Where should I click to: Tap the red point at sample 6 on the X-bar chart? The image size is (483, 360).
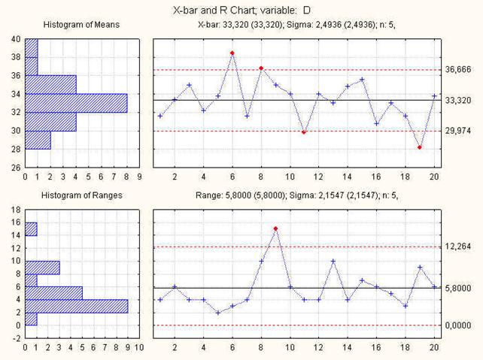click(232, 53)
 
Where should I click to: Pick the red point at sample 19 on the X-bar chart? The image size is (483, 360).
click(420, 147)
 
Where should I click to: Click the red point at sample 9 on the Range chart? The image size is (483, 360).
click(276, 228)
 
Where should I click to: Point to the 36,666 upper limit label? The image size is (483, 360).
click(462, 70)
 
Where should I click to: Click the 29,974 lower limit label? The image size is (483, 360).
click(462, 131)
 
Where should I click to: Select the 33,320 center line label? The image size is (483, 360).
click(462, 100)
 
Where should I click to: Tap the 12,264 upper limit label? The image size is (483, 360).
click(462, 247)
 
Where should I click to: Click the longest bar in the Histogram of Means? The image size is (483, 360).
click(76, 103)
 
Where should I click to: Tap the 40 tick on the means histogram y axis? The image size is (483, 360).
click(16, 38)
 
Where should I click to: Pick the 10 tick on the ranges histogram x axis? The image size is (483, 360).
click(139, 348)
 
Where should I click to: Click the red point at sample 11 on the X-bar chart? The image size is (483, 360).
click(304, 132)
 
